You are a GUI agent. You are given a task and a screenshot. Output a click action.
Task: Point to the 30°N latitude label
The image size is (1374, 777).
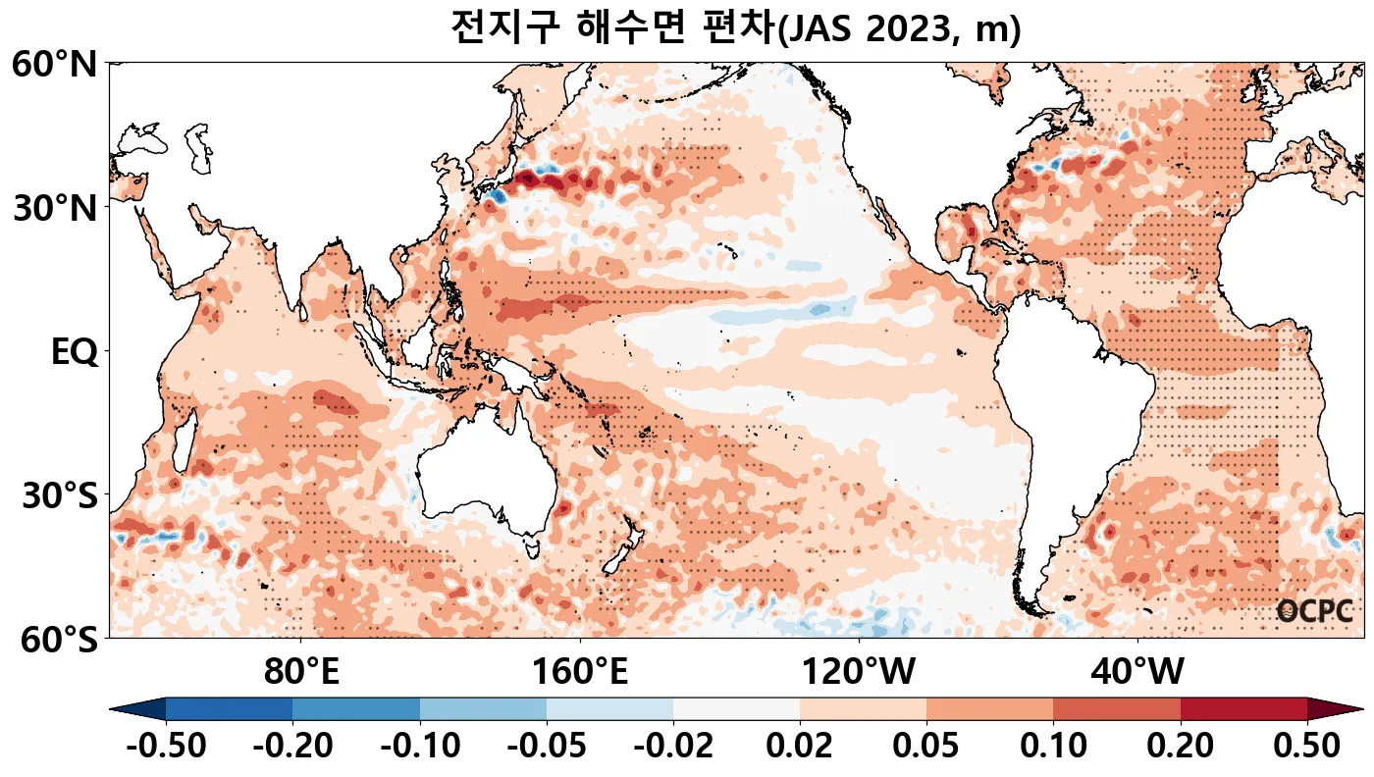pos(54,208)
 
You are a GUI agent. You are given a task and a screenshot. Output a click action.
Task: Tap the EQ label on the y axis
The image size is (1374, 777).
pos(74,352)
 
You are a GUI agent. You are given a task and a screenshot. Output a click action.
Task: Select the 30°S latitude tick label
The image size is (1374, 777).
pos(59,495)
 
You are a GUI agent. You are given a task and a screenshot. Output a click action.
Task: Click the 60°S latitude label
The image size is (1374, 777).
pos(54,640)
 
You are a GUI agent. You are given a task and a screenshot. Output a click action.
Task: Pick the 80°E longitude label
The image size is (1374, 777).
pos(301,673)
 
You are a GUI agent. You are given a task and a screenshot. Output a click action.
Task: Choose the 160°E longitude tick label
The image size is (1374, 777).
pos(580,673)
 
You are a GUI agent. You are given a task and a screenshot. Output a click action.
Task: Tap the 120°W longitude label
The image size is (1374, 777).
pos(859,673)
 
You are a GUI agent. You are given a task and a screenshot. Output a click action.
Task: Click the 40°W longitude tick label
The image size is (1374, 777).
pos(1137,673)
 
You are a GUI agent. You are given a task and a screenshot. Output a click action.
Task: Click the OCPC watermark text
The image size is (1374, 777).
pos(1314,612)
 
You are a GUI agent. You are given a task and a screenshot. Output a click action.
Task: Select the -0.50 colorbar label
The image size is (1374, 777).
pos(166,746)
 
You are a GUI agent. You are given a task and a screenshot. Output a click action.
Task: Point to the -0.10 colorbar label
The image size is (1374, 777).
pos(420,746)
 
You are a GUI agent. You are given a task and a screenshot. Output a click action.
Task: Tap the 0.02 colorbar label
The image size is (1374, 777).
pos(800,746)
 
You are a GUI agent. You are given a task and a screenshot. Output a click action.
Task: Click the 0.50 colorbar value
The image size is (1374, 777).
pos(1306,746)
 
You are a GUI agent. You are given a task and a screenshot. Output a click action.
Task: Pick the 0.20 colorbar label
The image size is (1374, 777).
pos(1180,746)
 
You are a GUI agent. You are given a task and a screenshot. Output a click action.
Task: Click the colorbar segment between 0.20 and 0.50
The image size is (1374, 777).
pos(1243,708)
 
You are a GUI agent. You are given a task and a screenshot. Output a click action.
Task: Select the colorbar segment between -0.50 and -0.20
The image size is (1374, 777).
pos(229,708)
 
